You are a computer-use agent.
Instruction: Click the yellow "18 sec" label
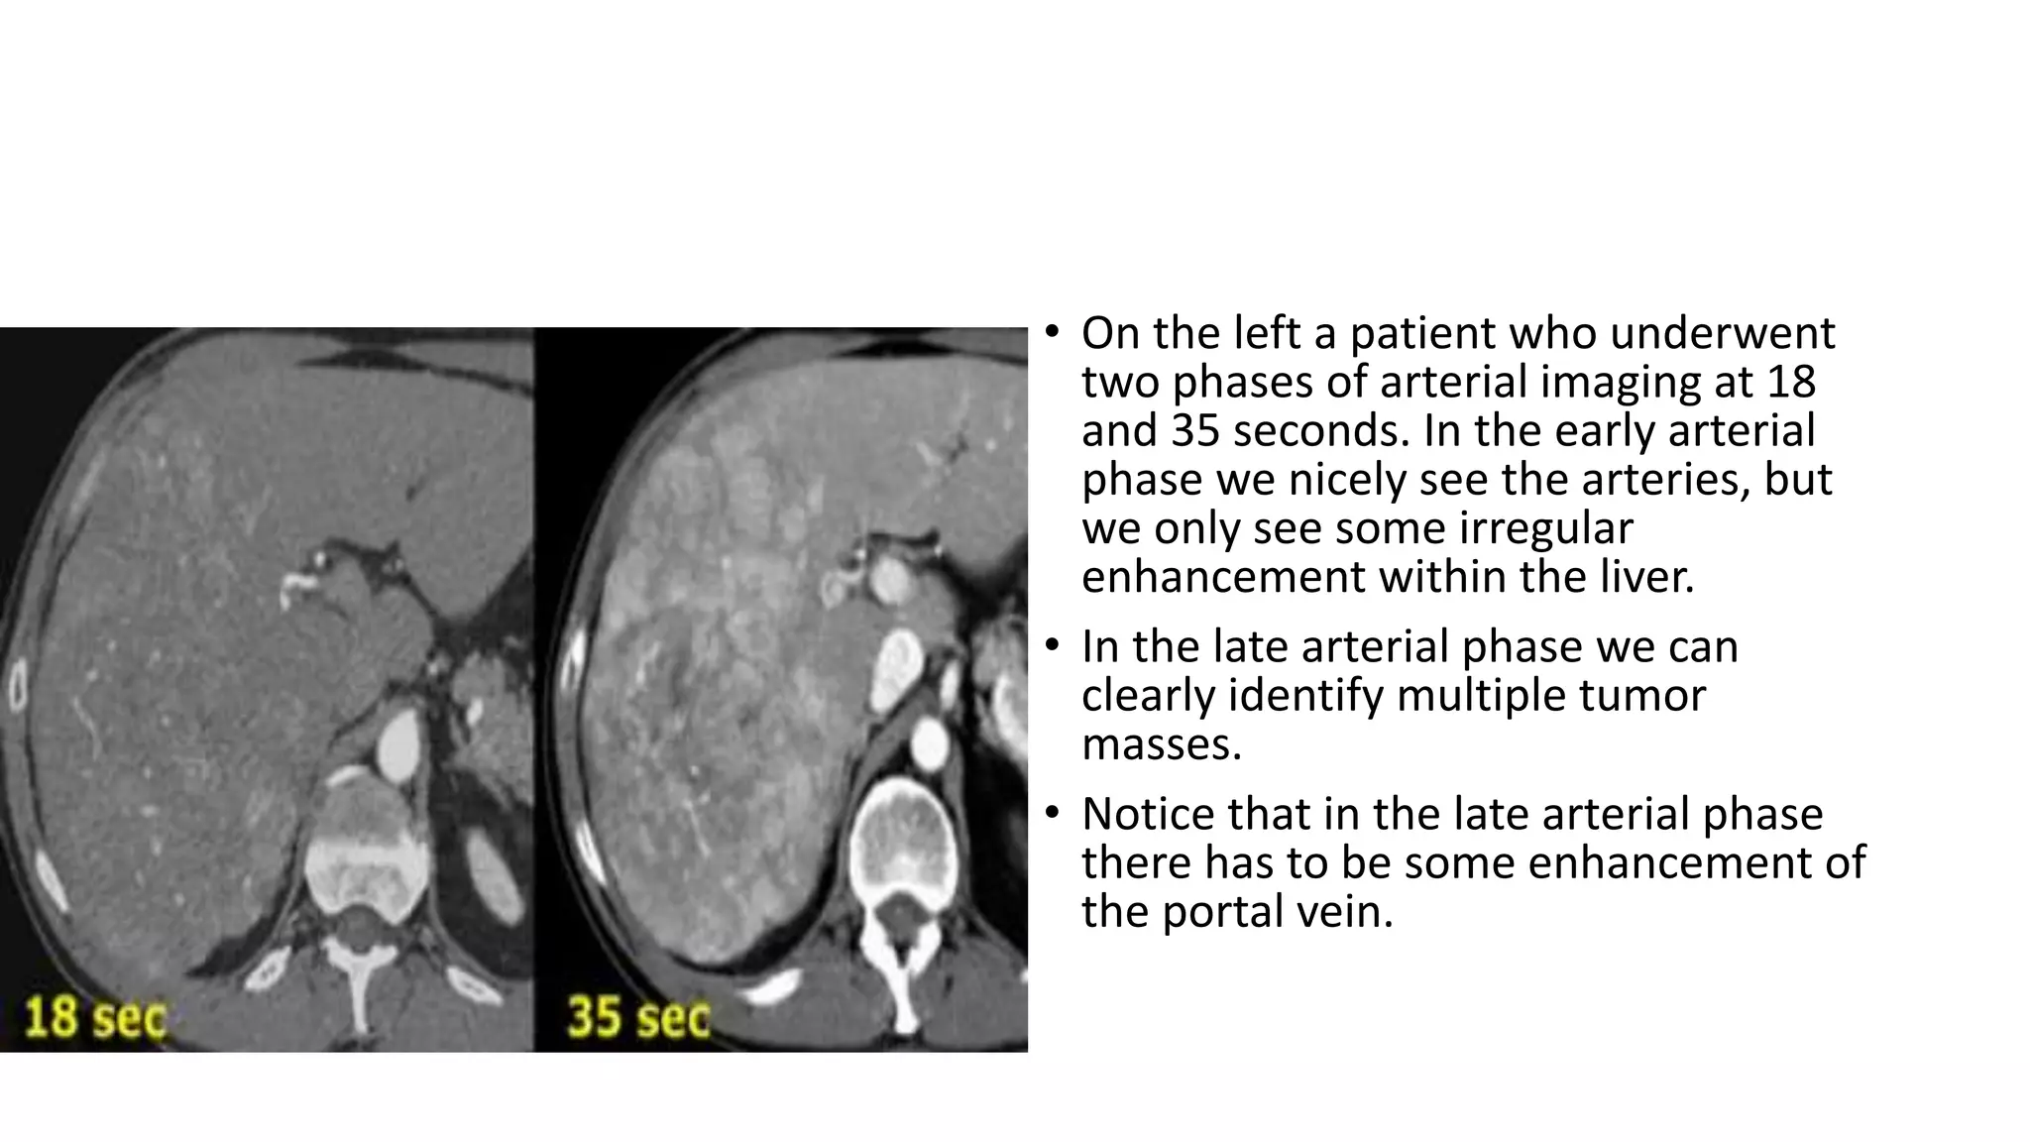tap(94, 1017)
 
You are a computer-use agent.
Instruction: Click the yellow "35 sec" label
tap(638, 1017)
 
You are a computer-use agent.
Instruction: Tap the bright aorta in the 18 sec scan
tap(398, 742)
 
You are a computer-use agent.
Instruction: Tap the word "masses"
tap(1161, 743)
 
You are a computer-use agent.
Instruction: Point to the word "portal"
tap(1222, 911)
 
